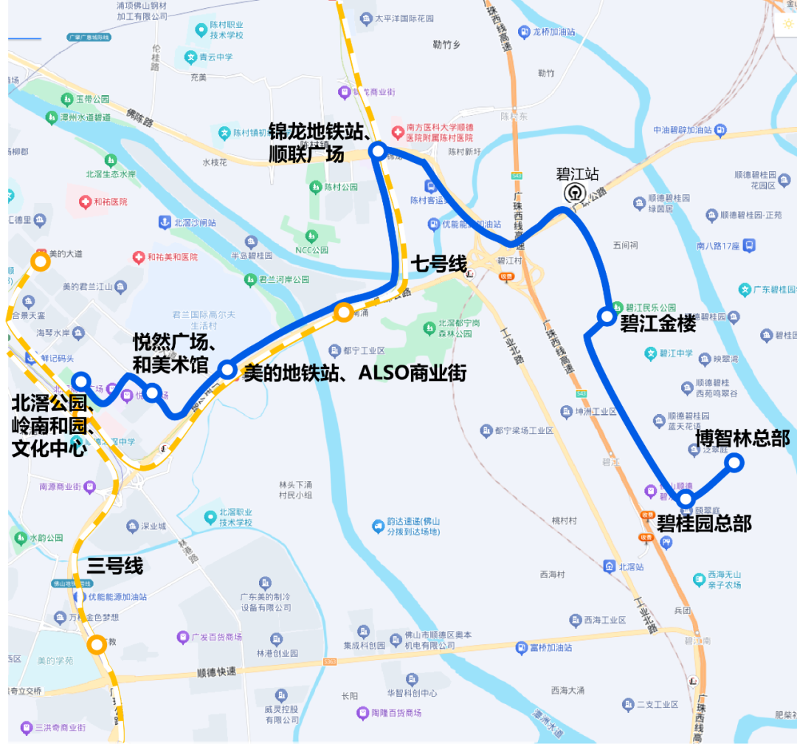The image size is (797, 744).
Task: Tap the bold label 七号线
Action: (x=440, y=263)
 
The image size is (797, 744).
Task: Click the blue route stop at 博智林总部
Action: (x=734, y=463)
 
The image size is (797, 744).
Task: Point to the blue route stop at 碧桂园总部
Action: (x=686, y=500)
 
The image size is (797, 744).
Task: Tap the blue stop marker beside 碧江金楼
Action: (x=607, y=317)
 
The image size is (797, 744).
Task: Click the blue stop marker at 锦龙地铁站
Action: (x=378, y=151)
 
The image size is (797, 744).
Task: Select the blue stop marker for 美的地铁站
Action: (x=227, y=368)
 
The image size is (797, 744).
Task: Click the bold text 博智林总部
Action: (x=742, y=438)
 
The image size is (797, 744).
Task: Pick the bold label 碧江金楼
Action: (x=658, y=323)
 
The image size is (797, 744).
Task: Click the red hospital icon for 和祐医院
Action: (x=86, y=201)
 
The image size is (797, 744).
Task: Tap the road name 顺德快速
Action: (x=217, y=672)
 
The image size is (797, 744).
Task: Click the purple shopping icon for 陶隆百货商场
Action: (x=362, y=713)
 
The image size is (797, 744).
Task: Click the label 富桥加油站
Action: (x=551, y=647)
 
